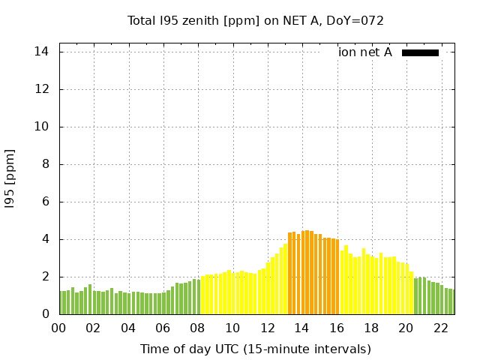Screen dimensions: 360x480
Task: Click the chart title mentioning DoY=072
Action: (x=255, y=20)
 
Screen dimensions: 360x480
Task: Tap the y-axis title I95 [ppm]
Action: (x=10, y=178)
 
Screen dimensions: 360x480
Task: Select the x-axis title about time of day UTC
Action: (x=255, y=349)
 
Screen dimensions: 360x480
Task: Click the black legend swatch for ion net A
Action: (x=420, y=52)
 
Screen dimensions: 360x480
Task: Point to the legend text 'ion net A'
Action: (x=364, y=52)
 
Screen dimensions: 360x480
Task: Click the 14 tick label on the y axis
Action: (x=42, y=52)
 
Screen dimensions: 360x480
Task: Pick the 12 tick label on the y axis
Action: (x=42, y=89)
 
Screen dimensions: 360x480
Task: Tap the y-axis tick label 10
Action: (x=42, y=127)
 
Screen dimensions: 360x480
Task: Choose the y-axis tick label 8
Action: (x=45, y=164)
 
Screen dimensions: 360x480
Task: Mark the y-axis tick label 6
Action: (x=45, y=202)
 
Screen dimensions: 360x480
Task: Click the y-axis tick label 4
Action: (x=45, y=239)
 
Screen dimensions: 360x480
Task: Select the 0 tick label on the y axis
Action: (x=45, y=314)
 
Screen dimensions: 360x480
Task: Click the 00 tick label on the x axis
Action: (x=59, y=328)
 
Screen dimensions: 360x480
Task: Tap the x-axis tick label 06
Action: (x=163, y=328)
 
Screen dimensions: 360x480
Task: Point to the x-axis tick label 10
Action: (x=232, y=328)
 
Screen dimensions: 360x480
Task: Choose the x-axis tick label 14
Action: (x=302, y=328)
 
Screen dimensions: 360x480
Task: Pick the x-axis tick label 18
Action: (x=371, y=328)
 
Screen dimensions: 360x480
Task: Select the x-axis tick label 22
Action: (x=441, y=328)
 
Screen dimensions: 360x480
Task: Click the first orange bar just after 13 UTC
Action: (x=290, y=274)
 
